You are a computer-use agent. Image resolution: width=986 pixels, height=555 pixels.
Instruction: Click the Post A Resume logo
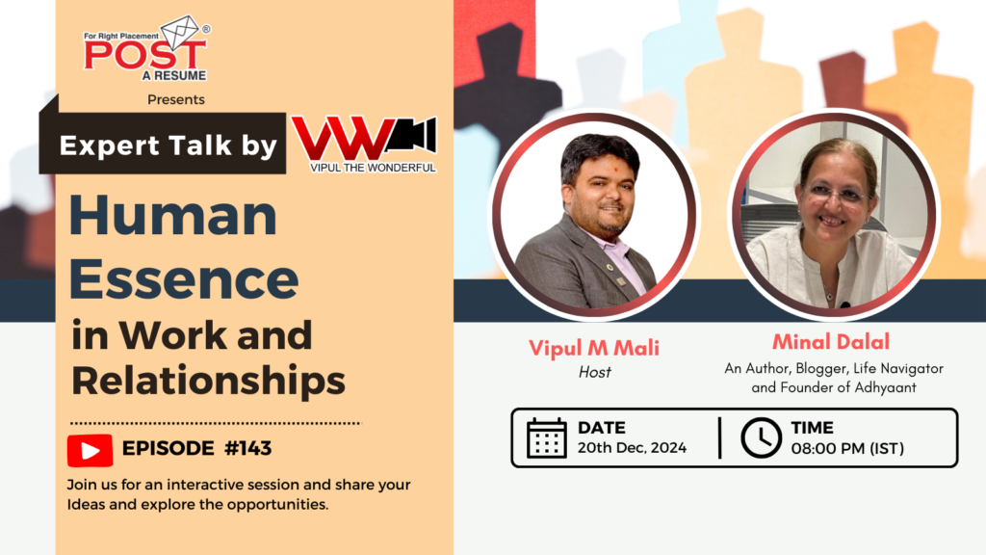pos(145,48)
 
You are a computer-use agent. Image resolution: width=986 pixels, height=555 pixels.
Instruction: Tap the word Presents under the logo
pos(176,99)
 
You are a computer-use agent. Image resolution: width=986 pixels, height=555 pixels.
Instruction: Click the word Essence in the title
pos(184,278)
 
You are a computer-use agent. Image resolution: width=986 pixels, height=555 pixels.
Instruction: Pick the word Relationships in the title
pos(208,381)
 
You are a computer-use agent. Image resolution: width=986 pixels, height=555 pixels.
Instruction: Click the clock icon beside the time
pos(761,437)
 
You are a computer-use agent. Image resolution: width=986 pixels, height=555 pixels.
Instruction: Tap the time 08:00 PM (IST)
pos(847,447)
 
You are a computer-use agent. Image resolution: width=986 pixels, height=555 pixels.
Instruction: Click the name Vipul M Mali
pos(594,348)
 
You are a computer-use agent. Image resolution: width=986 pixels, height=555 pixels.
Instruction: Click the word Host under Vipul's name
pos(594,372)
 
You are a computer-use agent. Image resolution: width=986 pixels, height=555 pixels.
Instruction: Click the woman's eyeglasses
pos(836,196)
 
